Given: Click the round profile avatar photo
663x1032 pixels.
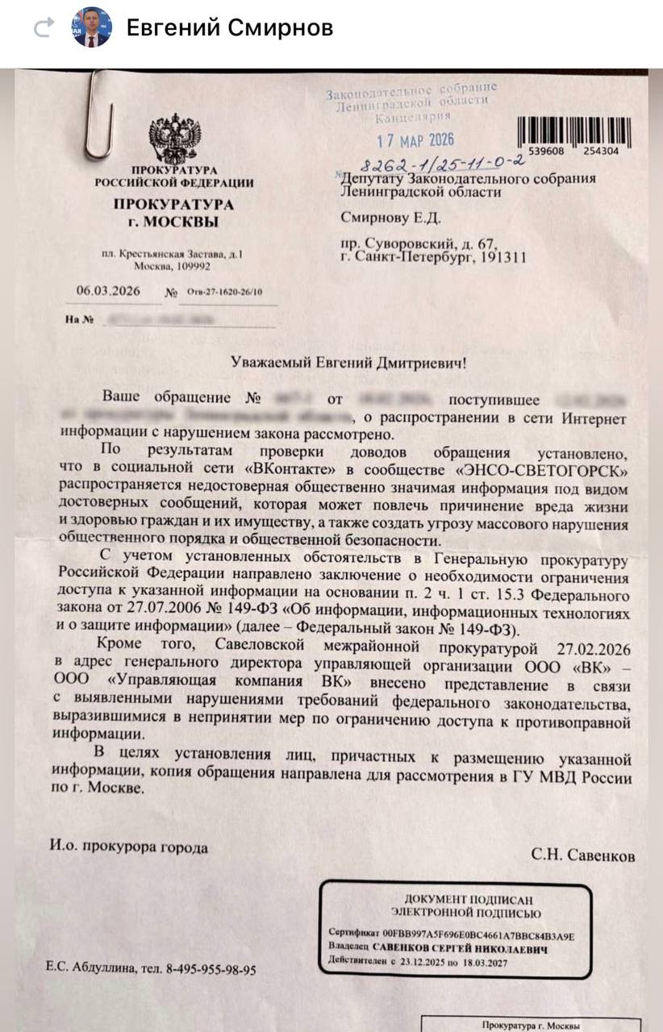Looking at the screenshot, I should [x=92, y=27].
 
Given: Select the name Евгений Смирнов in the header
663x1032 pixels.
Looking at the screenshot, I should [x=230, y=28].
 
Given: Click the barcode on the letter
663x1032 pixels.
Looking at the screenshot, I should [x=573, y=129].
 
